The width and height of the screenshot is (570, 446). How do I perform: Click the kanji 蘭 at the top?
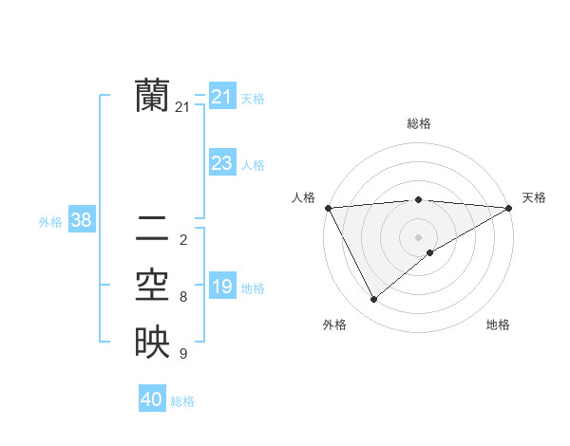(x=152, y=96)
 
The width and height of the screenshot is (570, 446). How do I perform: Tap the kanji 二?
(x=152, y=228)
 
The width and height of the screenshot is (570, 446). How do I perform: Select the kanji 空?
(x=152, y=286)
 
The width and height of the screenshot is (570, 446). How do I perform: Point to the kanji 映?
(x=152, y=343)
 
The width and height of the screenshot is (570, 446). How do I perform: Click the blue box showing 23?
(x=221, y=163)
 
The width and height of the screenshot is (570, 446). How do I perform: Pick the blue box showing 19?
(x=221, y=287)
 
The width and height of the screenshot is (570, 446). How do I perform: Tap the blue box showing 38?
(x=81, y=220)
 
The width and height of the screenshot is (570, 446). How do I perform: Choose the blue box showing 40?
(x=152, y=400)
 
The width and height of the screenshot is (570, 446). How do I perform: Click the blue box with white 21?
(x=221, y=97)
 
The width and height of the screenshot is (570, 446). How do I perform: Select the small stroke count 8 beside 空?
(x=183, y=297)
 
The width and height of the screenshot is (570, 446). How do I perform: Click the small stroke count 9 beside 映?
(x=183, y=354)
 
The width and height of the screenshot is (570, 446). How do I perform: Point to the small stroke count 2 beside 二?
(x=183, y=239)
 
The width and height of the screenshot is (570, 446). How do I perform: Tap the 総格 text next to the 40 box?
(x=182, y=401)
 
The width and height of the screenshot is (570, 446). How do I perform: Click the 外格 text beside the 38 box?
(x=50, y=222)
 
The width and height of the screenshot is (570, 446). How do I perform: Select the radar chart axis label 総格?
(x=418, y=123)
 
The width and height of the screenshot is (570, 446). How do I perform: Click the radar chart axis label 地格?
(x=498, y=325)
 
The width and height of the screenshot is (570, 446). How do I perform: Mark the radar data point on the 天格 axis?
(x=509, y=208)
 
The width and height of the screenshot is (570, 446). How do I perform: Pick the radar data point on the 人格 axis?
(x=328, y=208)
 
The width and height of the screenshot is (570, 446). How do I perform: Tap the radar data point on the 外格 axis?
(x=373, y=300)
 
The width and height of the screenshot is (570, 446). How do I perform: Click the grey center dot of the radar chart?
(x=418, y=236)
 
